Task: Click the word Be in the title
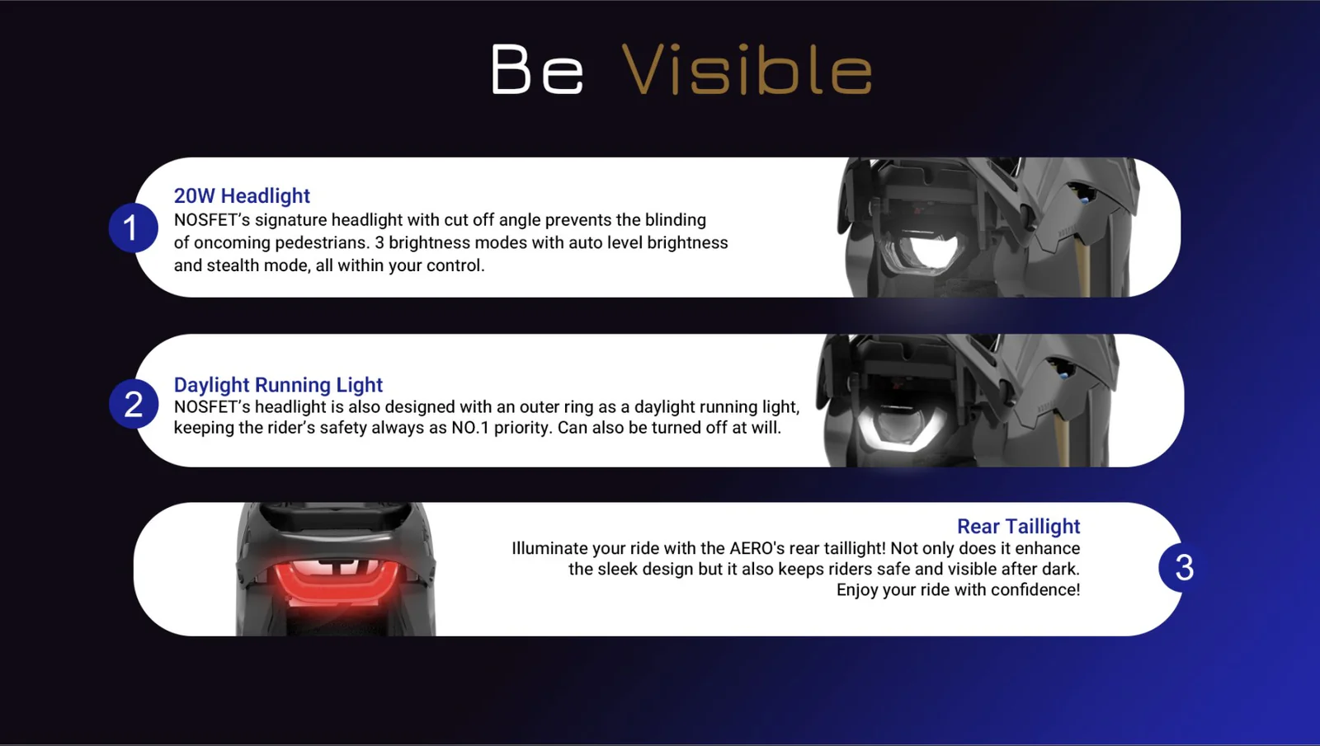(x=537, y=68)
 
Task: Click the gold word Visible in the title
(x=747, y=68)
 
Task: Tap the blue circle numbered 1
(x=133, y=228)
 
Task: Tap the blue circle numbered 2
(x=134, y=404)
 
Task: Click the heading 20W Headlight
(x=242, y=195)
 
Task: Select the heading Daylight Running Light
(x=278, y=384)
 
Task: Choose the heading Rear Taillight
(x=1018, y=526)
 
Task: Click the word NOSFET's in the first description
(x=212, y=219)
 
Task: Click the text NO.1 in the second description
(x=470, y=428)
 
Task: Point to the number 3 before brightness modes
(x=379, y=242)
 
